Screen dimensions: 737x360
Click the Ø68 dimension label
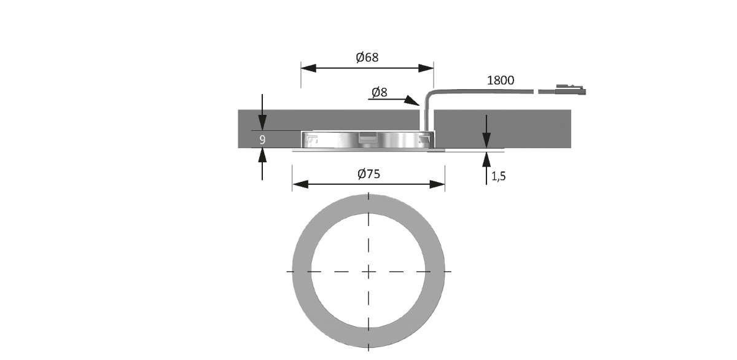pyautogui.click(x=367, y=57)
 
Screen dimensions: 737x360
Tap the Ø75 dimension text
pyautogui.click(x=368, y=174)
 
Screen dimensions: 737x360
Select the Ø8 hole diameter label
pyautogui.click(x=380, y=93)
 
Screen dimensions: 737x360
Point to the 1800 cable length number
pyautogui.click(x=501, y=80)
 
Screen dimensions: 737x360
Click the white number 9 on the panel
pyautogui.click(x=262, y=139)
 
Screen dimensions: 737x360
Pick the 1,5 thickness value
pyautogui.click(x=499, y=176)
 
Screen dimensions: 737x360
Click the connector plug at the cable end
pyautogui.click(x=571, y=90)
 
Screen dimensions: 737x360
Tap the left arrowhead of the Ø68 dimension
pyautogui.click(x=308, y=68)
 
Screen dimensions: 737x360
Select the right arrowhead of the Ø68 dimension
pyautogui.click(x=426, y=68)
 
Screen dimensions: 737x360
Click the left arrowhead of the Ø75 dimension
pyautogui.click(x=300, y=184)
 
